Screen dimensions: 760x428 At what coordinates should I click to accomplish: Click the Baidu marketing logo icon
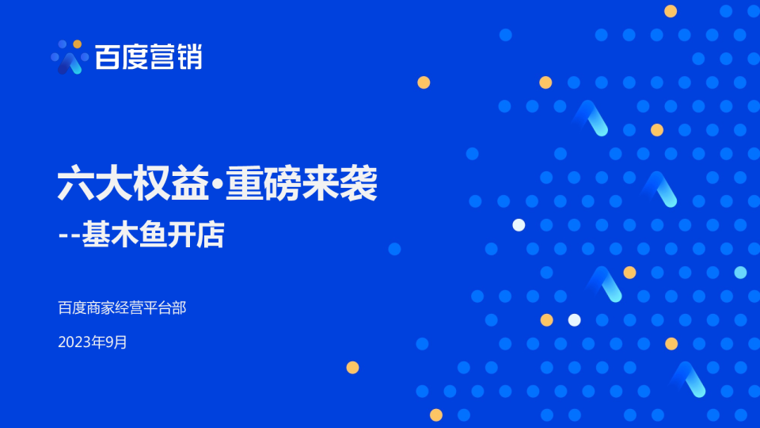click(x=70, y=57)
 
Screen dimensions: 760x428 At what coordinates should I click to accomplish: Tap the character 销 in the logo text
click(x=189, y=57)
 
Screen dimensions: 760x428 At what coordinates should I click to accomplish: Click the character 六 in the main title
click(x=76, y=183)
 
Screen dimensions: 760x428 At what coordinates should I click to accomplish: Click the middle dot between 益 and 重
click(x=217, y=183)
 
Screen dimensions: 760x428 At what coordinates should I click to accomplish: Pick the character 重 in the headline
click(x=245, y=183)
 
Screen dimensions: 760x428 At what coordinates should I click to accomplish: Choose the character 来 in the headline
click(x=320, y=183)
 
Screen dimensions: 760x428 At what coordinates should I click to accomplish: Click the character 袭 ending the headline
click(x=358, y=183)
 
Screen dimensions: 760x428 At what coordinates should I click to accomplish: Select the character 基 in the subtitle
click(x=96, y=235)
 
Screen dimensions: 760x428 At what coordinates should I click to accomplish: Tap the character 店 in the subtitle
click(x=211, y=235)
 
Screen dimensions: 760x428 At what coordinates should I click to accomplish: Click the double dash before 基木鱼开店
click(x=70, y=236)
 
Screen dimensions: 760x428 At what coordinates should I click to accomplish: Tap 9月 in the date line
click(x=116, y=342)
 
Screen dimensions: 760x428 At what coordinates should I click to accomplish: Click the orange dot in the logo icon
click(x=77, y=44)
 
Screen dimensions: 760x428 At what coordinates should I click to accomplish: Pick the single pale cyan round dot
click(x=740, y=273)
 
